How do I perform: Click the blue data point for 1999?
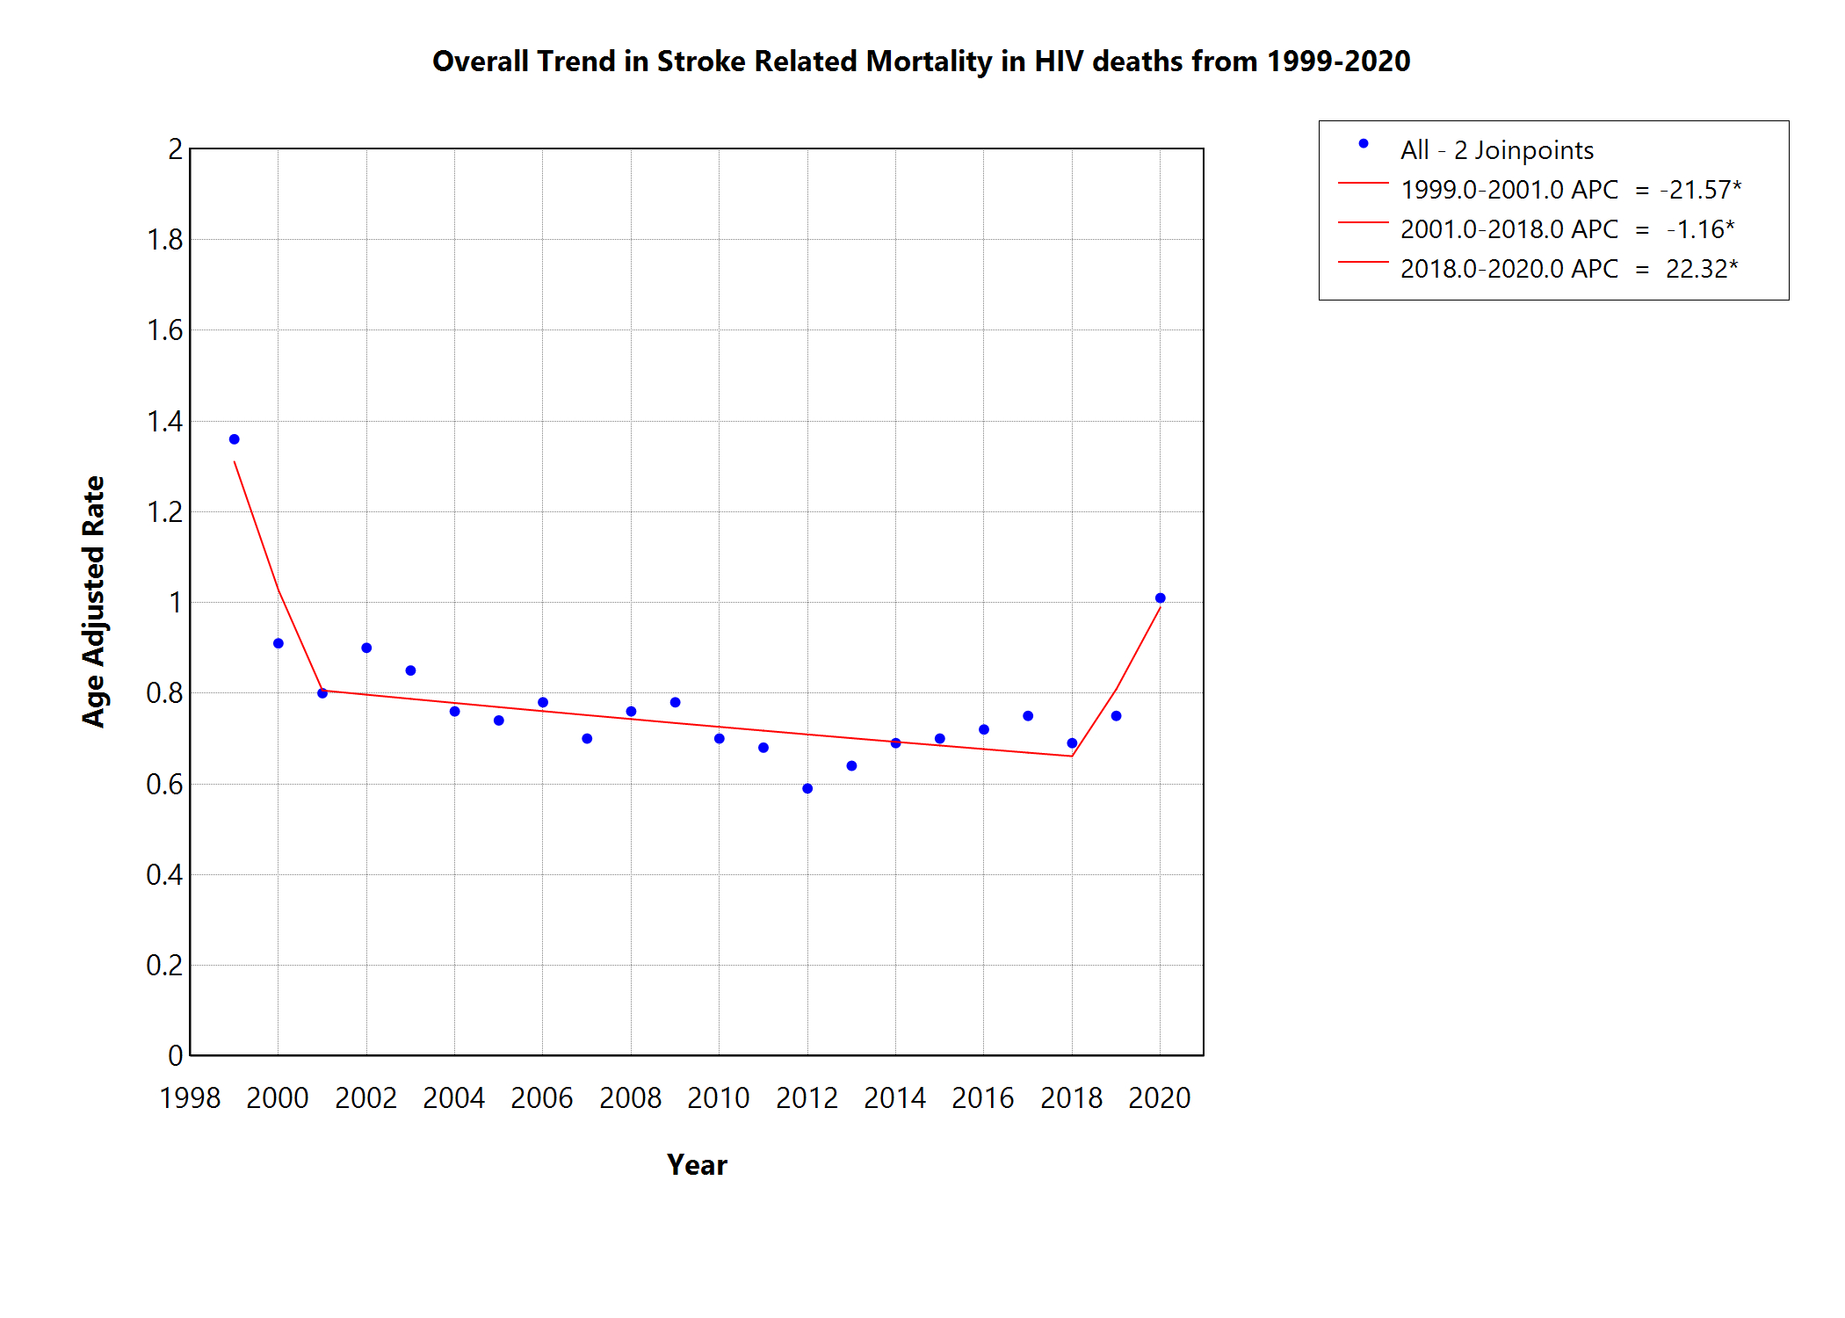tap(235, 439)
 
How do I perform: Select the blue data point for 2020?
tap(1160, 598)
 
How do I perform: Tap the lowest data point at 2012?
tap(807, 789)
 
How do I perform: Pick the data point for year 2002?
tap(366, 648)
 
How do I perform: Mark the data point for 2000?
tap(279, 644)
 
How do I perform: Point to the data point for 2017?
tap(1028, 716)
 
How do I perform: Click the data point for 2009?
tap(675, 703)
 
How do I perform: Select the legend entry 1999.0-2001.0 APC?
tap(1509, 190)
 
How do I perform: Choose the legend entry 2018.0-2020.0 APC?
tap(1509, 269)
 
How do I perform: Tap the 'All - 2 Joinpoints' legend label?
tap(1496, 150)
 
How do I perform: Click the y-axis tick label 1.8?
tap(164, 240)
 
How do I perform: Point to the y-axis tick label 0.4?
tap(164, 875)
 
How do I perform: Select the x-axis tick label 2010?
tap(719, 1098)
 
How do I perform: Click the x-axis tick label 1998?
tap(190, 1098)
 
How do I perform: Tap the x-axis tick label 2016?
tap(983, 1098)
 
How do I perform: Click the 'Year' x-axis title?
tap(697, 1165)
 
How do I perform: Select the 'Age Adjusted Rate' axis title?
tap(93, 602)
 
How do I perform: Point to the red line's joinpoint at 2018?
tap(1072, 756)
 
